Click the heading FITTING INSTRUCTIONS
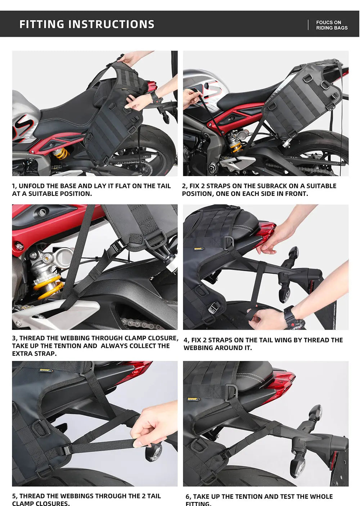87,24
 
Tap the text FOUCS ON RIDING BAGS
332,25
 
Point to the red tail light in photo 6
282,382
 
